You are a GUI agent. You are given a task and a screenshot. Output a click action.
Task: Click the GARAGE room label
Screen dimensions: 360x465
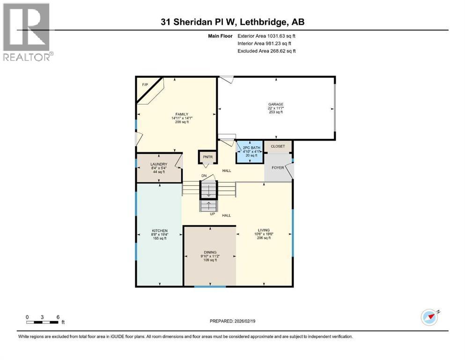click(276, 104)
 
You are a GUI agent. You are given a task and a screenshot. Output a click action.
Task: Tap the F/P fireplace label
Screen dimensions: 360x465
click(145, 84)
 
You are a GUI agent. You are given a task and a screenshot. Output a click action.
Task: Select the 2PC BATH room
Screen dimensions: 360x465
click(249, 152)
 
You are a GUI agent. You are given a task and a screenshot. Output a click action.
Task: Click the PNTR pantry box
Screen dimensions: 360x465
click(207, 157)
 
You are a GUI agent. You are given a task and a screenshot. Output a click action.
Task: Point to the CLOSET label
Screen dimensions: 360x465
click(278, 146)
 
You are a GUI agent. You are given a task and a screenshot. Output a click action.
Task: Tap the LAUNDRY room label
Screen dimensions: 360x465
click(159, 165)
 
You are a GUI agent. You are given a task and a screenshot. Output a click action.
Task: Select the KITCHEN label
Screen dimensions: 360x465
click(159, 231)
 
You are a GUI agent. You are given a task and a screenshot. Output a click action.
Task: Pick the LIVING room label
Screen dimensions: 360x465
click(264, 230)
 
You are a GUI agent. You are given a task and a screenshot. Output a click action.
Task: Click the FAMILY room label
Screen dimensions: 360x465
click(182, 114)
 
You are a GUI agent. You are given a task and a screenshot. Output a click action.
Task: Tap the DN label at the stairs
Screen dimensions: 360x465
click(204, 175)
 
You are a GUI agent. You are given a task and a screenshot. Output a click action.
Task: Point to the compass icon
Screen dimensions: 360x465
click(429, 317)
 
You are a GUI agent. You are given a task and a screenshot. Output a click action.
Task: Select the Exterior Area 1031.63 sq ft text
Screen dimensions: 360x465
click(266, 36)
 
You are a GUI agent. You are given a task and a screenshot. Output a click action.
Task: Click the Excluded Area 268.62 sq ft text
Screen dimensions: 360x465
click(266, 51)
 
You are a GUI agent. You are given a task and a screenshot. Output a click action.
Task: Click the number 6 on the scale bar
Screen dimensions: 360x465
click(57, 317)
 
